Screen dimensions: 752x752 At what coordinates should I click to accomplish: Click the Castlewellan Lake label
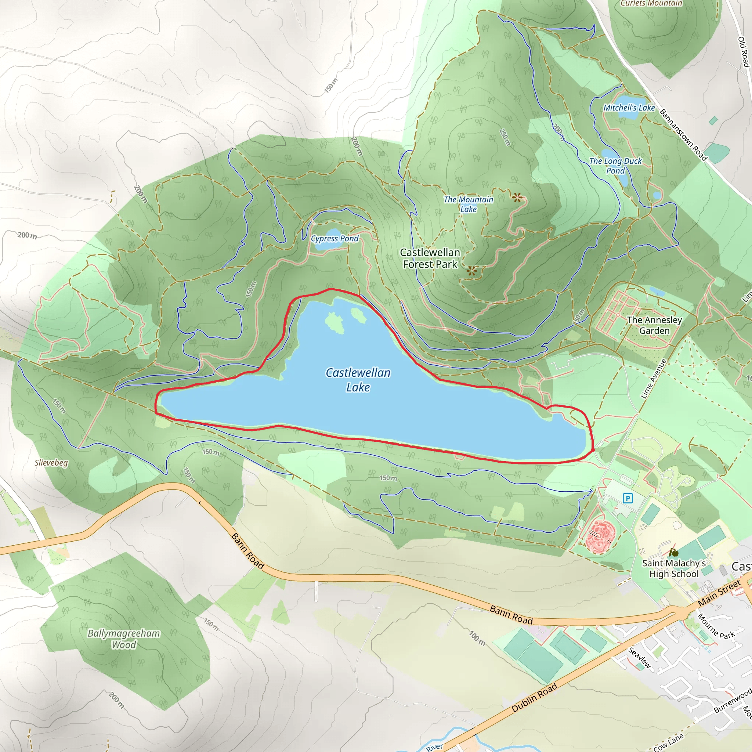(x=358, y=380)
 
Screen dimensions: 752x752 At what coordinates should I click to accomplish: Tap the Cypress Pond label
(x=335, y=239)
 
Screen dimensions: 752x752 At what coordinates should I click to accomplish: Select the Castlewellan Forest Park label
(x=430, y=258)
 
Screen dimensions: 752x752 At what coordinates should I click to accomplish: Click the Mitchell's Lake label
(x=629, y=108)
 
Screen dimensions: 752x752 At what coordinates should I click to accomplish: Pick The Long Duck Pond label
(x=615, y=166)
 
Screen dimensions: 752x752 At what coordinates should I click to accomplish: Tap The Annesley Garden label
(x=654, y=325)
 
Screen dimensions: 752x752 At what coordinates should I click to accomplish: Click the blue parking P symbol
(x=628, y=498)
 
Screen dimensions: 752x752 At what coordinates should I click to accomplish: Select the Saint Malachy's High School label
(x=674, y=568)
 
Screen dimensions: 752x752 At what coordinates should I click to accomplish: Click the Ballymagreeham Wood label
(x=124, y=639)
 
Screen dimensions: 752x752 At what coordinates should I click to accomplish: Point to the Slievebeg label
(x=51, y=463)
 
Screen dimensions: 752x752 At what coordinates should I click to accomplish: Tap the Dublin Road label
(x=534, y=698)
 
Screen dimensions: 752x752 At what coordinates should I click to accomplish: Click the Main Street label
(x=719, y=593)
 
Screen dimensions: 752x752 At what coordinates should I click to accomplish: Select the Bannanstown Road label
(x=683, y=135)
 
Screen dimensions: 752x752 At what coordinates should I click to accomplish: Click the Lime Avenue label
(x=654, y=379)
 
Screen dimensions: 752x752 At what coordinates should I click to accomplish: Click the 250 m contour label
(x=505, y=137)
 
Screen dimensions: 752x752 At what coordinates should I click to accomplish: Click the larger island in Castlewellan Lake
(x=335, y=323)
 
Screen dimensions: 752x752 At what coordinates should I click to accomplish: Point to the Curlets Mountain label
(x=651, y=4)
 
